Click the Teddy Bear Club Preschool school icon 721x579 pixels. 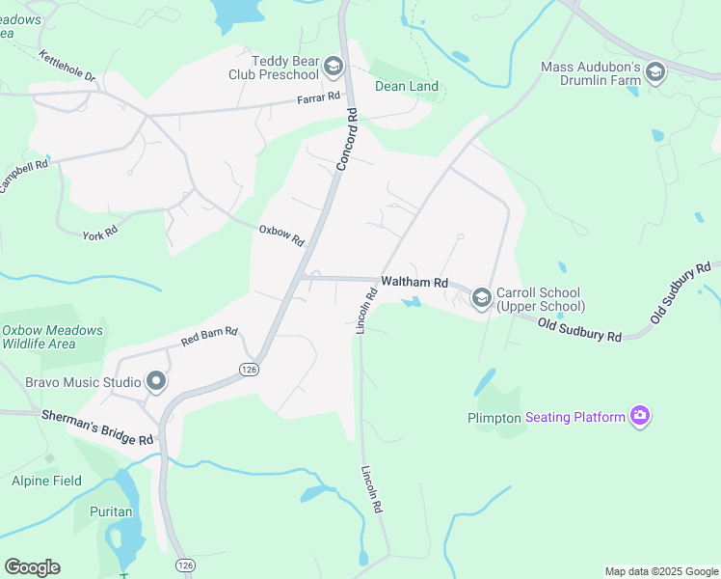click(334, 67)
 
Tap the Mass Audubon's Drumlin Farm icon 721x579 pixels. click(655, 72)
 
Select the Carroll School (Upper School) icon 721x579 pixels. click(481, 300)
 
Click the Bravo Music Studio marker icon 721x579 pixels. click(155, 381)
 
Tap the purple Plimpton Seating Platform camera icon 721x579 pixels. click(639, 417)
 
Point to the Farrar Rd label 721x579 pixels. click(319, 97)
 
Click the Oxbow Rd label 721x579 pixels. click(281, 234)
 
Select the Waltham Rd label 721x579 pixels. click(414, 283)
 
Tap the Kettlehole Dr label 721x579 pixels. click(68, 66)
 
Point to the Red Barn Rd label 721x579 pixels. click(209, 336)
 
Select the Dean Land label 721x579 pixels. click(406, 87)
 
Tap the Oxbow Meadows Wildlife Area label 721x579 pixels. click(52, 337)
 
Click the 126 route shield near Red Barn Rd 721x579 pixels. click(249, 370)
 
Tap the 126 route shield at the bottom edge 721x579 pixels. click(183, 564)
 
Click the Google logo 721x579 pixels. click(32, 567)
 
